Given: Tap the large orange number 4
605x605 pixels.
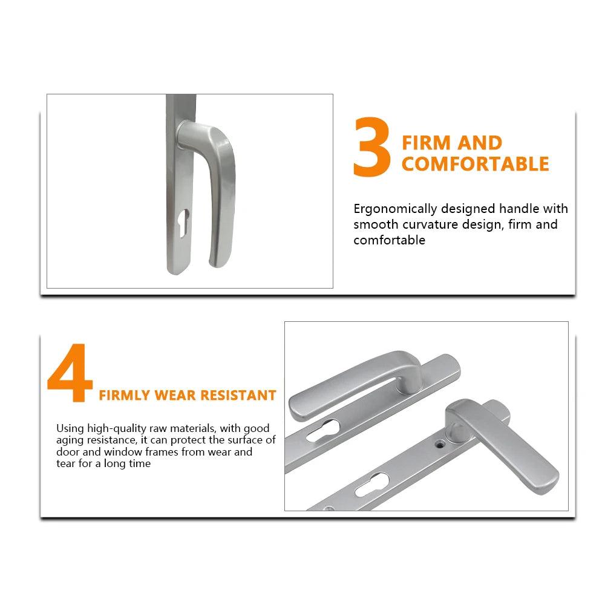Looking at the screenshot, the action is pyautogui.click(x=70, y=372).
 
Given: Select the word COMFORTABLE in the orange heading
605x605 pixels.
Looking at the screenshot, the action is pyautogui.click(x=475, y=163).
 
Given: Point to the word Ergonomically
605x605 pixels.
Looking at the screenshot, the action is pyautogui.click(x=395, y=209).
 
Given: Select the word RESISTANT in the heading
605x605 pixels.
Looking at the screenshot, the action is pyautogui.click(x=238, y=396).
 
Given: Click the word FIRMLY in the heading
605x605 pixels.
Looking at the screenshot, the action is pyautogui.click(x=124, y=396).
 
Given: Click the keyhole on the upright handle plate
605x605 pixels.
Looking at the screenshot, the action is pyautogui.click(x=185, y=223).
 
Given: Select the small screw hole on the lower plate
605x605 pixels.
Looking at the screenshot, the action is pyautogui.click(x=439, y=445).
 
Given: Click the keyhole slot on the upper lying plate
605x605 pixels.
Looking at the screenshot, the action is pyautogui.click(x=323, y=431).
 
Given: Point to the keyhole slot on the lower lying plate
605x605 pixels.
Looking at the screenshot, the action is pyautogui.click(x=372, y=485).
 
